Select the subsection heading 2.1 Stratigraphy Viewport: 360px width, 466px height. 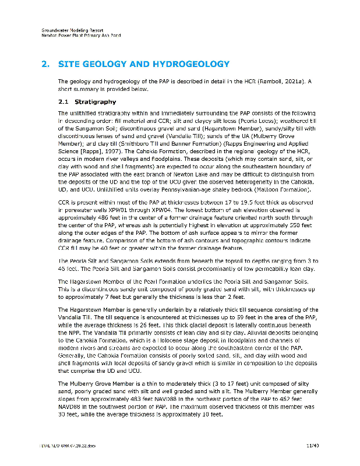87,102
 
